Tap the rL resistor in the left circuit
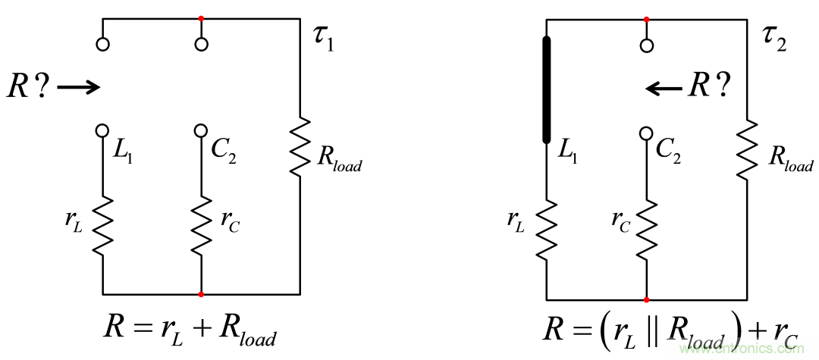pos(103,225)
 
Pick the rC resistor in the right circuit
pos(646,227)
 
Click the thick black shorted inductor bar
pos(547,89)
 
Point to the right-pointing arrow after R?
pos(78,88)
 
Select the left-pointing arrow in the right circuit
pos(664,88)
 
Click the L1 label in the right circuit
pos(570,151)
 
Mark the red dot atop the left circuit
pos(201,18)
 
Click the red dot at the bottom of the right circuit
pos(646,299)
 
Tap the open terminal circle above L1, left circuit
pos(103,44)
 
